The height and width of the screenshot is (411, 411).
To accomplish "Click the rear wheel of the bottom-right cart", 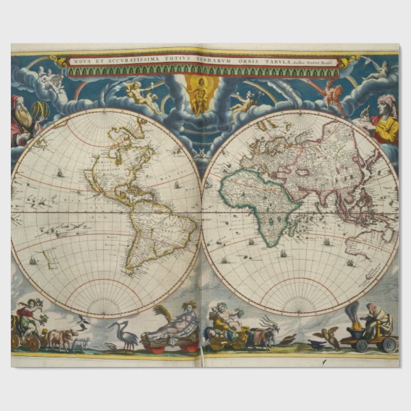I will click(388, 344).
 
